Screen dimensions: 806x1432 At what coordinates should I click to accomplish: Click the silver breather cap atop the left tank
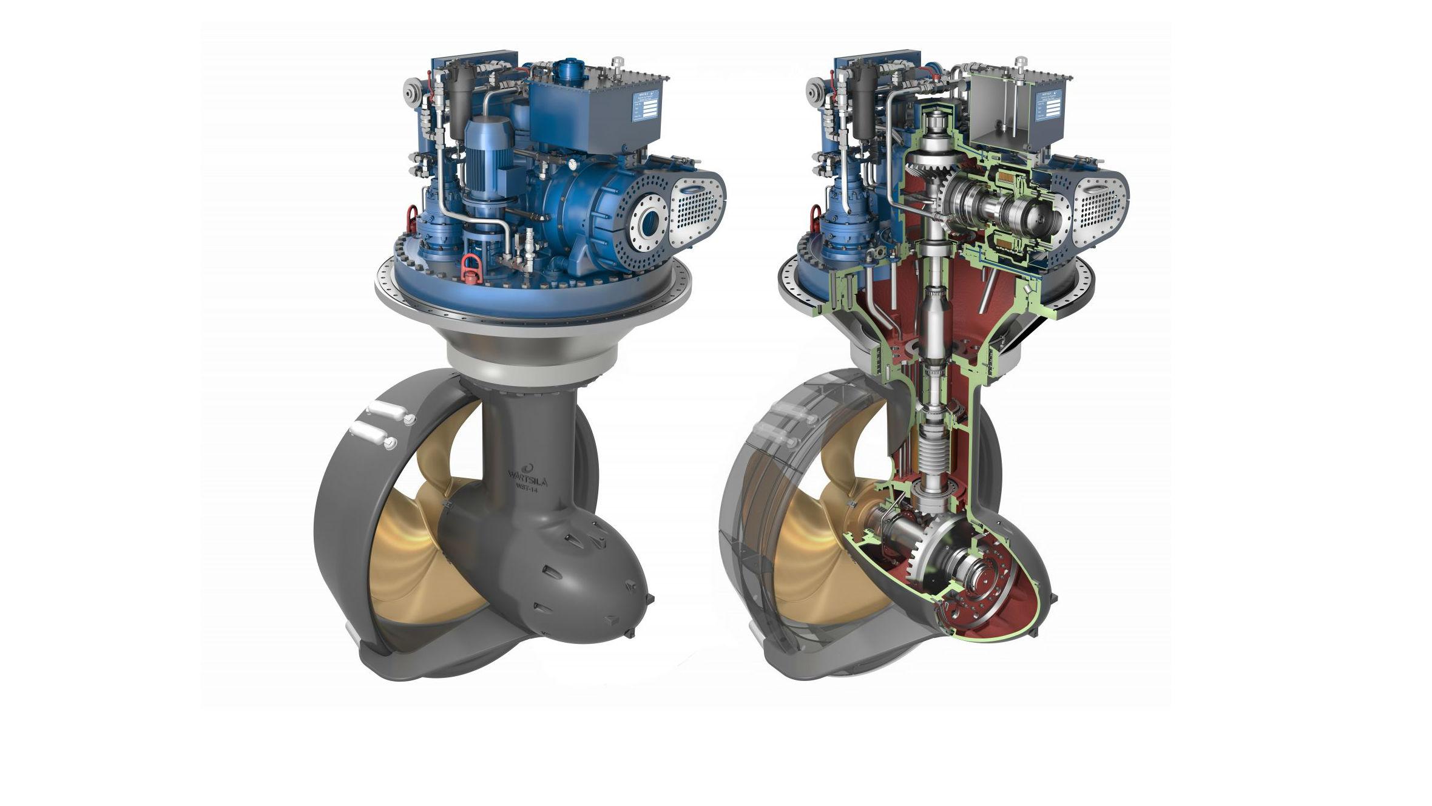click(x=618, y=63)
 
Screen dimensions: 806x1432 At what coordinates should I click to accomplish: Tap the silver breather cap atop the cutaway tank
click(x=1021, y=63)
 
